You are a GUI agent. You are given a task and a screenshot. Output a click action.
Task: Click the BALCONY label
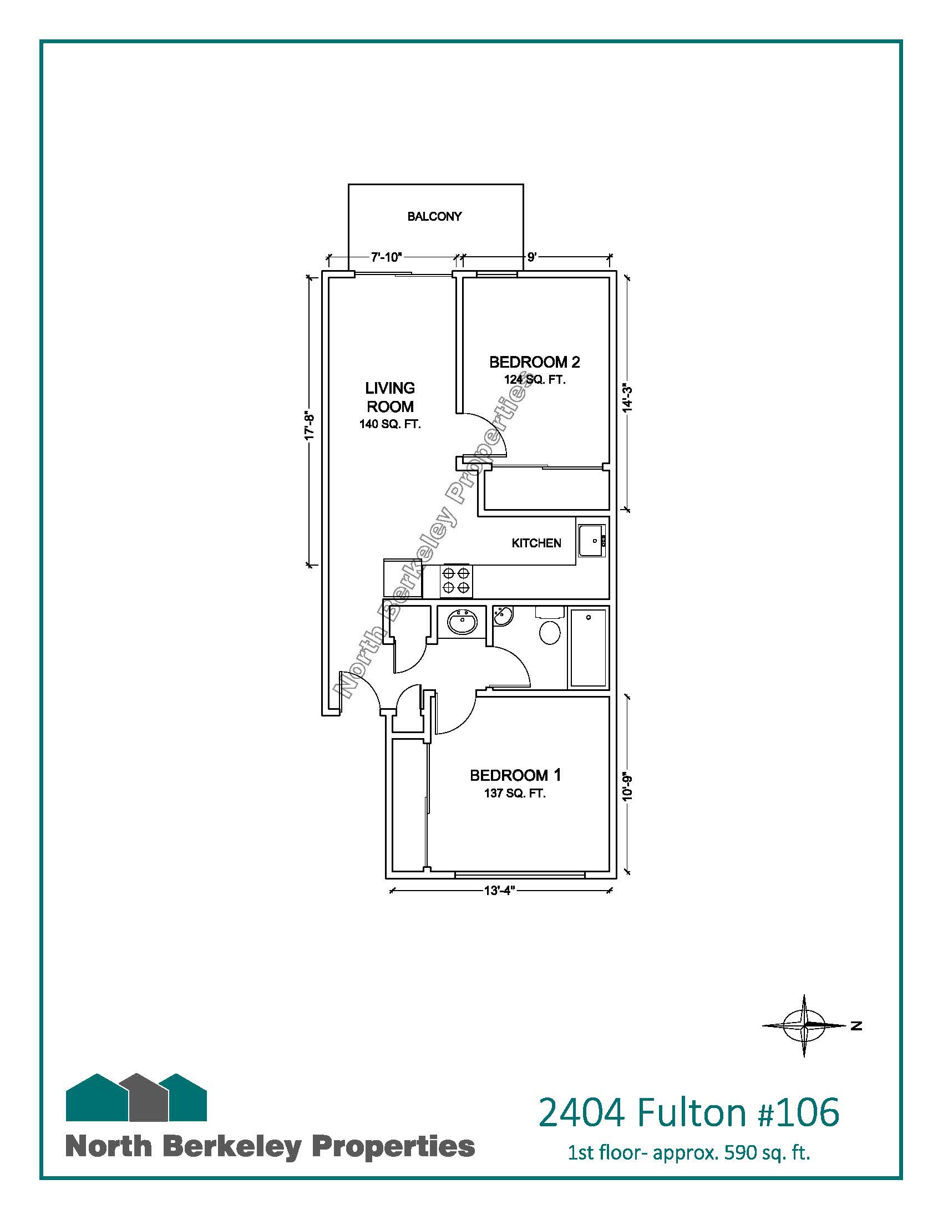435,216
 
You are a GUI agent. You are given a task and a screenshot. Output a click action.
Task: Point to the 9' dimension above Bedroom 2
532,257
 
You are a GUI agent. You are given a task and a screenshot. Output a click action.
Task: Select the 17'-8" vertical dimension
310,426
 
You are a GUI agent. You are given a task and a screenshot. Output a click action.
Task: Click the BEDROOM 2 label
535,362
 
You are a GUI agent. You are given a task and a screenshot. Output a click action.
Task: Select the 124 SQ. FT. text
535,380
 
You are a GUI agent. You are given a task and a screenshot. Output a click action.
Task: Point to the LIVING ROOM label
390,397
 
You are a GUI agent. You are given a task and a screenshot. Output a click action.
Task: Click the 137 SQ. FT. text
515,793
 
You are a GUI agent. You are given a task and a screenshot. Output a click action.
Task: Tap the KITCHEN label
536,543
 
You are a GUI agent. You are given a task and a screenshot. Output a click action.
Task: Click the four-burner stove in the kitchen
457,581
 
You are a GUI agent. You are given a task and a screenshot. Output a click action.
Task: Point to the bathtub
587,648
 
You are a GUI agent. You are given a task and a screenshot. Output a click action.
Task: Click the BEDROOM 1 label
515,775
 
